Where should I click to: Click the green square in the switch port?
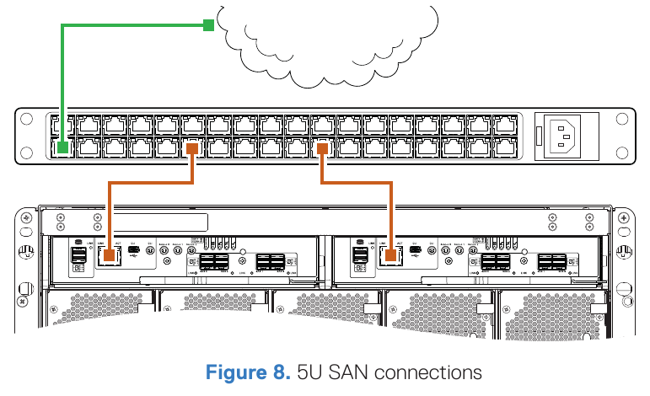pos(62,148)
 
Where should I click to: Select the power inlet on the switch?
pos(564,136)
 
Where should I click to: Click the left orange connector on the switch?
pos(193,148)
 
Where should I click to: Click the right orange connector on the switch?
pos(322,148)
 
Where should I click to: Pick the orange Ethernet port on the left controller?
pos(109,255)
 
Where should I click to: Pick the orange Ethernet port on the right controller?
pos(391,255)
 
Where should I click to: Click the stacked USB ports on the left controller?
pos(78,255)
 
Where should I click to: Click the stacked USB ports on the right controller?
pos(360,255)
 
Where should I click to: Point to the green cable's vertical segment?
pos(62,84)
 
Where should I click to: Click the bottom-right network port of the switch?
pos(505,148)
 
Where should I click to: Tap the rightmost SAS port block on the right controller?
pos(553,261)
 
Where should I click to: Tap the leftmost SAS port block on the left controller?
pos(213,261)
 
